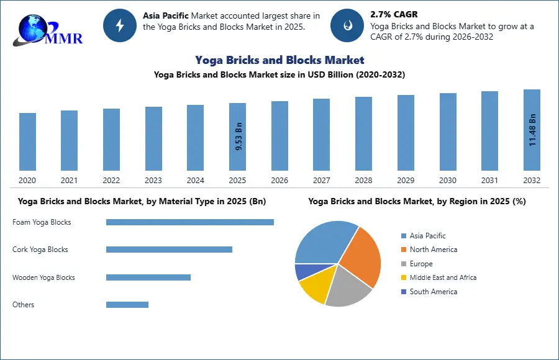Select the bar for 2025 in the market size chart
(x=237, y=137)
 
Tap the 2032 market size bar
(x=532, y=130)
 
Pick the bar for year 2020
(x=27, y=142)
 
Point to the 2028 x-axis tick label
(x=363, y=181)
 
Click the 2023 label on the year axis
(x=153, y=181)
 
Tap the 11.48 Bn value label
(x=532, y=130)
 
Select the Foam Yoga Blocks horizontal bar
(x=189, y=222)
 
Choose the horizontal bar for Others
(x=127, y=305)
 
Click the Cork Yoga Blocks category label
(x=40, y=250)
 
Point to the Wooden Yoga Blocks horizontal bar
(x=148, y=277)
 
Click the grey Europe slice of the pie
(x=347, y=289)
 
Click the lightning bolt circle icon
(x=119, y=25)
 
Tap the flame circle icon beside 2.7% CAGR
(x=347, y=25)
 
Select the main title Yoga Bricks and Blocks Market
(x=279, y=60)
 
